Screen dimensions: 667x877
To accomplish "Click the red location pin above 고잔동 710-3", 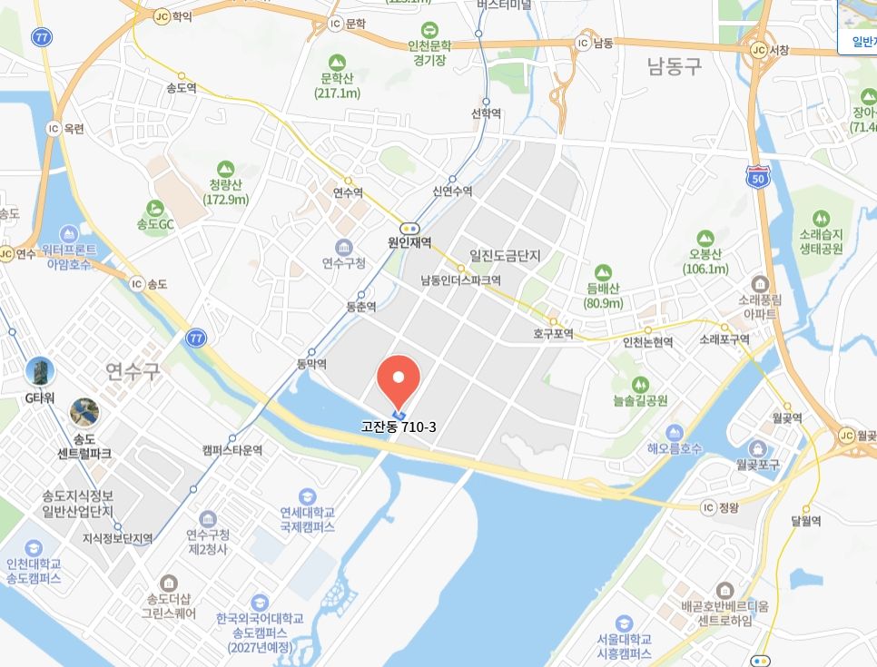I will [x=398, y=378].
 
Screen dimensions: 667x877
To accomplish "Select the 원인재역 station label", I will [x=409, y=243].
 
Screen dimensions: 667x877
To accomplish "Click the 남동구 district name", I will [x=675, y=65].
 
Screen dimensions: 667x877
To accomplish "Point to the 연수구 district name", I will [x=133, y=369].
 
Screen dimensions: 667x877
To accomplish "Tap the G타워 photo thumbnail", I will [x=40, y=371].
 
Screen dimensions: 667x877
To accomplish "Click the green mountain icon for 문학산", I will [x=337, y=62].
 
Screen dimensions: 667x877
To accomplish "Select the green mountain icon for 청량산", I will [x=226, y=169].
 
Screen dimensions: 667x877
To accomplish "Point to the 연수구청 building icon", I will [x=344, y=247].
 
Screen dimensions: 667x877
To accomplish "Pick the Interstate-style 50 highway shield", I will [x=757, y=176].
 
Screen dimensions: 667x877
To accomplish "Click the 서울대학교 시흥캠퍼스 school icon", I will [x=624, y=623].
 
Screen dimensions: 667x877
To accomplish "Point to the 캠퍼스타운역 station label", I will [x=232, y=450].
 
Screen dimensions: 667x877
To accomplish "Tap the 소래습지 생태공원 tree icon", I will [x=822, y=219].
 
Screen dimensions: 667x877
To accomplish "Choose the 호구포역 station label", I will [x=554, y=334].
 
